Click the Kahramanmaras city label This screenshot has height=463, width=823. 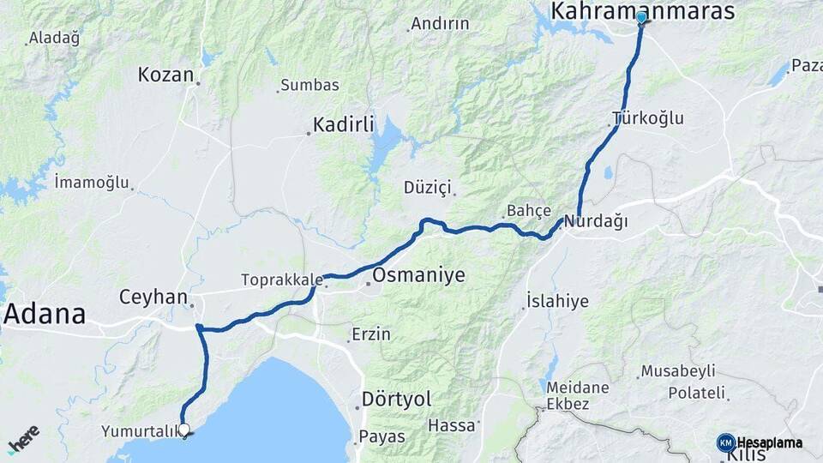click(x=644, y=10)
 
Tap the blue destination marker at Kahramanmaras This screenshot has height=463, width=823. click(x=641, y=16)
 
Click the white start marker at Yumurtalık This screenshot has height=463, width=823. click(x=183, y=429)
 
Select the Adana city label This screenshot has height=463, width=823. click(x=45, y=314)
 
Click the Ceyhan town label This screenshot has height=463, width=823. click(x=153, y=298)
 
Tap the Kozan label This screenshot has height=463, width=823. click(x=165, y=75)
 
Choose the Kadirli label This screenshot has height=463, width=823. click(x=344, y=125)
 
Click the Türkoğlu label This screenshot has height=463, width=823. click(x=649, y=118)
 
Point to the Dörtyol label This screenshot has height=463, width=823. click(x=396, y=400)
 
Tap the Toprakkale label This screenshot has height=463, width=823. click(x=282, y=280)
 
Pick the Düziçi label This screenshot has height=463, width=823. click(x=427, y=187)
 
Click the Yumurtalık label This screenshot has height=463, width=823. click(x=138, y=430)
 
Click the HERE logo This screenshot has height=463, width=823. click(x=23, y=438)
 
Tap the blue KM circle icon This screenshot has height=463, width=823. click(x=726, y=442)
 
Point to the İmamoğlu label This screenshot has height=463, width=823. click(x=91, y=183)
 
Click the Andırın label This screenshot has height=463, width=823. click(x=440, y=24)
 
